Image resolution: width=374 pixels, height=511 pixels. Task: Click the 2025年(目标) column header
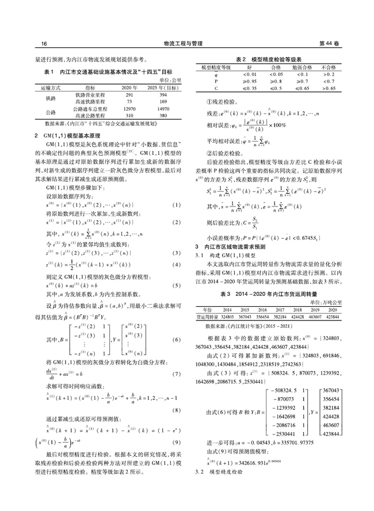pyautogui.click(x=163, y=86)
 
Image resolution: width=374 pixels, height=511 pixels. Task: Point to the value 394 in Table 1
pyautogui.click(x=163, y=94)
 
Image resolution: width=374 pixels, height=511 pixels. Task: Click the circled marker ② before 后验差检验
pyautogui.click(x=209, y=154)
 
